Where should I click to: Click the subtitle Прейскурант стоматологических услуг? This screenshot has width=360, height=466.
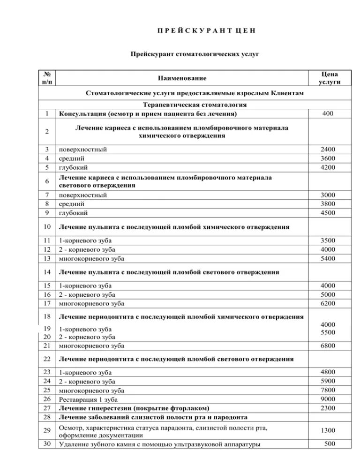pyautogui.click(x=195, y=54)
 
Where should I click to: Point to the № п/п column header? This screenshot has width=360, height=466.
pyautogui.click(x=47, y=78)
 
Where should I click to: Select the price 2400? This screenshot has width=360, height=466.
pyautogui.click(x=328, y=149)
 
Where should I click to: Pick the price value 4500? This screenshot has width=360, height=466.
pyautogui.click(x=328, y=212)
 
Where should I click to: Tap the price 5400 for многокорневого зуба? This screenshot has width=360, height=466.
pyautogui.click(x=328, y=258)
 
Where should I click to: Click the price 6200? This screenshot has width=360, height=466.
pyautogui.click(x=328, y=303)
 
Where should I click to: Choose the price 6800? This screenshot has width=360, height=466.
pyautogui.click(x=328, y=346)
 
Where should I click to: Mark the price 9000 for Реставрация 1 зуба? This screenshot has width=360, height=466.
pyautogui.click(x=328, y=399)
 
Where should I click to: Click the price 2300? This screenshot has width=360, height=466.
pyautogui.click(x=328, y=408)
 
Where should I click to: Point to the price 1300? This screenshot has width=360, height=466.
pyautogui.click(x=328, y=430)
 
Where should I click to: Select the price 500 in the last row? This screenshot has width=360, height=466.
pyautogui.click(x=330, y=443)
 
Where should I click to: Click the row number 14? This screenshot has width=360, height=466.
pyautogui.click(x=47, y=272)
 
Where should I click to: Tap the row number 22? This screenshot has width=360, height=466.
pyautogui.click(x=47, y=359)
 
